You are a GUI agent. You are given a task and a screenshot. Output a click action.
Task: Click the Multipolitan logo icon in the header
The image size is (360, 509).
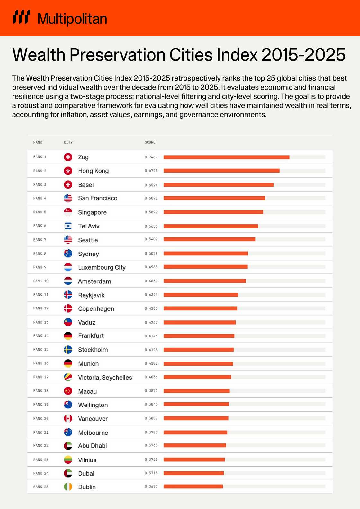[x=21, y=17]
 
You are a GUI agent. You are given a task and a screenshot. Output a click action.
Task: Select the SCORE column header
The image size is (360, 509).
[x=150, y=142]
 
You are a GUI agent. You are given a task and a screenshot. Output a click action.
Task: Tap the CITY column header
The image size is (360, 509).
[x=68, y=142]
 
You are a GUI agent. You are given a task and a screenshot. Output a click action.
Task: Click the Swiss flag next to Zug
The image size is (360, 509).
[x=68, y=157]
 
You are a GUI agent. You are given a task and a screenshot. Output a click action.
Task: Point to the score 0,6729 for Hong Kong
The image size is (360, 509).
[x=151, y=171]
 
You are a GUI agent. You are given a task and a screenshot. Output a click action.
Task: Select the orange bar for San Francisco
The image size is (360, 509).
[x=214, y=198]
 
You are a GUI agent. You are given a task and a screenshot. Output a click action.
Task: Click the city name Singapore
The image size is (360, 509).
[x=92, y=212]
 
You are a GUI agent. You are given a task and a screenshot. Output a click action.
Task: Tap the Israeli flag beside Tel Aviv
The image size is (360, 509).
[x=68, y=226]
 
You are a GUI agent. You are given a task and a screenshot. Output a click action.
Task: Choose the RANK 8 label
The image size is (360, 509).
[x=40, y=254]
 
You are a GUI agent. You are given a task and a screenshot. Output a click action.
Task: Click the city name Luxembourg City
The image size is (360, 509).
[x=102, y=267]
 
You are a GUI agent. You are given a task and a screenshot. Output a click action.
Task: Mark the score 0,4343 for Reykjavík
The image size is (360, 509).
[x=151, y=295]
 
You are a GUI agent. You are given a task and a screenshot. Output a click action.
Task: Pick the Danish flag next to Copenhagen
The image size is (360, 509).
[x=68, y=308]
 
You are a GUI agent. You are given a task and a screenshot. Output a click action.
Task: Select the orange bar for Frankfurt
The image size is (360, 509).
[x=199, y=336]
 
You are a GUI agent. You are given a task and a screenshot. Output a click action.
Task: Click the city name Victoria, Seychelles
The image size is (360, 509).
[x=105, y=378]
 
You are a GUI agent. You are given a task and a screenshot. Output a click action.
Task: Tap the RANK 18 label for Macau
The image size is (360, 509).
[x=41, y=391]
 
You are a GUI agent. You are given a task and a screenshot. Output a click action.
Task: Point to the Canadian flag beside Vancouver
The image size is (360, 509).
[x=68, y=418]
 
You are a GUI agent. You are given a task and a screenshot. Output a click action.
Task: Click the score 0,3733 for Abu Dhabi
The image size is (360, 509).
[x=151, y=445]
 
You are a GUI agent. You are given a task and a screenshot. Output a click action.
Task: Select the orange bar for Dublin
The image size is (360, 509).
[x=193, y=487]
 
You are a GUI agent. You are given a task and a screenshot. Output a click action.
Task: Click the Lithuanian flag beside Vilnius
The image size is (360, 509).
[x=68, y=460]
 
